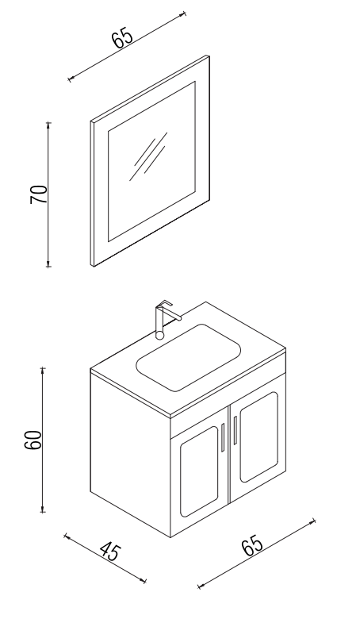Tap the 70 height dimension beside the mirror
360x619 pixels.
(x=39, y=194)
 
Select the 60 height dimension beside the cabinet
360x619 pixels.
(x=33, y=440)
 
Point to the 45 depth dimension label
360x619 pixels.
(x=109, y=551)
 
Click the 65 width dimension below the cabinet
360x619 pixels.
(x=251, y=545)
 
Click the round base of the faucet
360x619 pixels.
(x=159, y=336)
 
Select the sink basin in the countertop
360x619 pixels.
(x=189, y=357)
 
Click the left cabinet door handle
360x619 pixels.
(x=223, y=437)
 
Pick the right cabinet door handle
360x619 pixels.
(x=235, y=430)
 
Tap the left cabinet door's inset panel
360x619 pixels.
(x=199, y=471)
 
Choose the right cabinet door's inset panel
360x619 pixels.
(x=259, y=437)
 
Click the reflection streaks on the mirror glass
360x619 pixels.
(x=148, y=156)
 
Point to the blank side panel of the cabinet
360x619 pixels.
(x=130, y=453)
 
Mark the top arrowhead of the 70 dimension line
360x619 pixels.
(x=48, y=125)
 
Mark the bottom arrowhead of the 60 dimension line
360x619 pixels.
(x=43, y=509)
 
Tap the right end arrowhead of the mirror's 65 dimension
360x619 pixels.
(x=182, y=14)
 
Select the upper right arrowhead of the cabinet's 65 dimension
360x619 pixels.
(x=313, y=521)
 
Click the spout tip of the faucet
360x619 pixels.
(x=180, y=317)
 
